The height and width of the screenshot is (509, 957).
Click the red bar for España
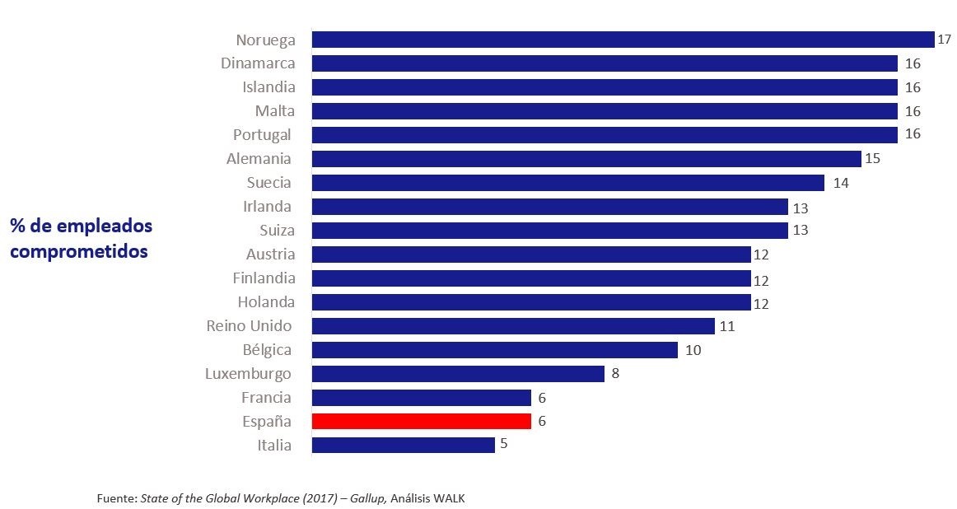[421, 421]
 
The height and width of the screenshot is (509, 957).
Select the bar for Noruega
[623, 40]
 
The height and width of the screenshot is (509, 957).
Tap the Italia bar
[403, 445]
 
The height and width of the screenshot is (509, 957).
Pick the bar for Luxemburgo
[458, 374]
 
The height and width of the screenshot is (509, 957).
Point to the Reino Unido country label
[249, 326]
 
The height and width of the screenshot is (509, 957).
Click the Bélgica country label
[267, 350]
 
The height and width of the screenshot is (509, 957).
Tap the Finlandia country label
[264, 278]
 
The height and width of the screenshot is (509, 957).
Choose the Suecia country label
[268, 182]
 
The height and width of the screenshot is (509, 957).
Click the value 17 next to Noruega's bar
[944, 40]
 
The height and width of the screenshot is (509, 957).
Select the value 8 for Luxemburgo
[614, 374]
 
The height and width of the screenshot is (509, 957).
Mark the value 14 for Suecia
[840, 183]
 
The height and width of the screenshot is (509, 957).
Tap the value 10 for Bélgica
[693, 350]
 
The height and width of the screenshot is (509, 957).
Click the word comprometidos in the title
[79, 251]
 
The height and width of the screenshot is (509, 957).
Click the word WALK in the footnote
[449, 498]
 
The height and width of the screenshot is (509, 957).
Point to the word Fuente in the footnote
[116, 498]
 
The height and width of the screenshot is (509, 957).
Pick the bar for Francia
[421, 398]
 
